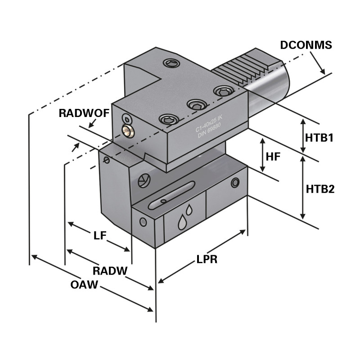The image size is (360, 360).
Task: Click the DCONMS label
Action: (306, 45)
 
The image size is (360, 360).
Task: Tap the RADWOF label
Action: (84, 113)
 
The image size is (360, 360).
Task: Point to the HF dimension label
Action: (273, 157)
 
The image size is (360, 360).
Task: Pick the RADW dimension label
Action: (110, 270)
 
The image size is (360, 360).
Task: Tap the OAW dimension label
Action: (84, 285)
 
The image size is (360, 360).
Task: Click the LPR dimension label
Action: (207, 260)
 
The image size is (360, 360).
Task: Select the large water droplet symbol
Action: (182, 222)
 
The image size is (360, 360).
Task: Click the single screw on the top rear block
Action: (171, 63)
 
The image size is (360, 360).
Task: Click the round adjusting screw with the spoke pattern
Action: (143, 180)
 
